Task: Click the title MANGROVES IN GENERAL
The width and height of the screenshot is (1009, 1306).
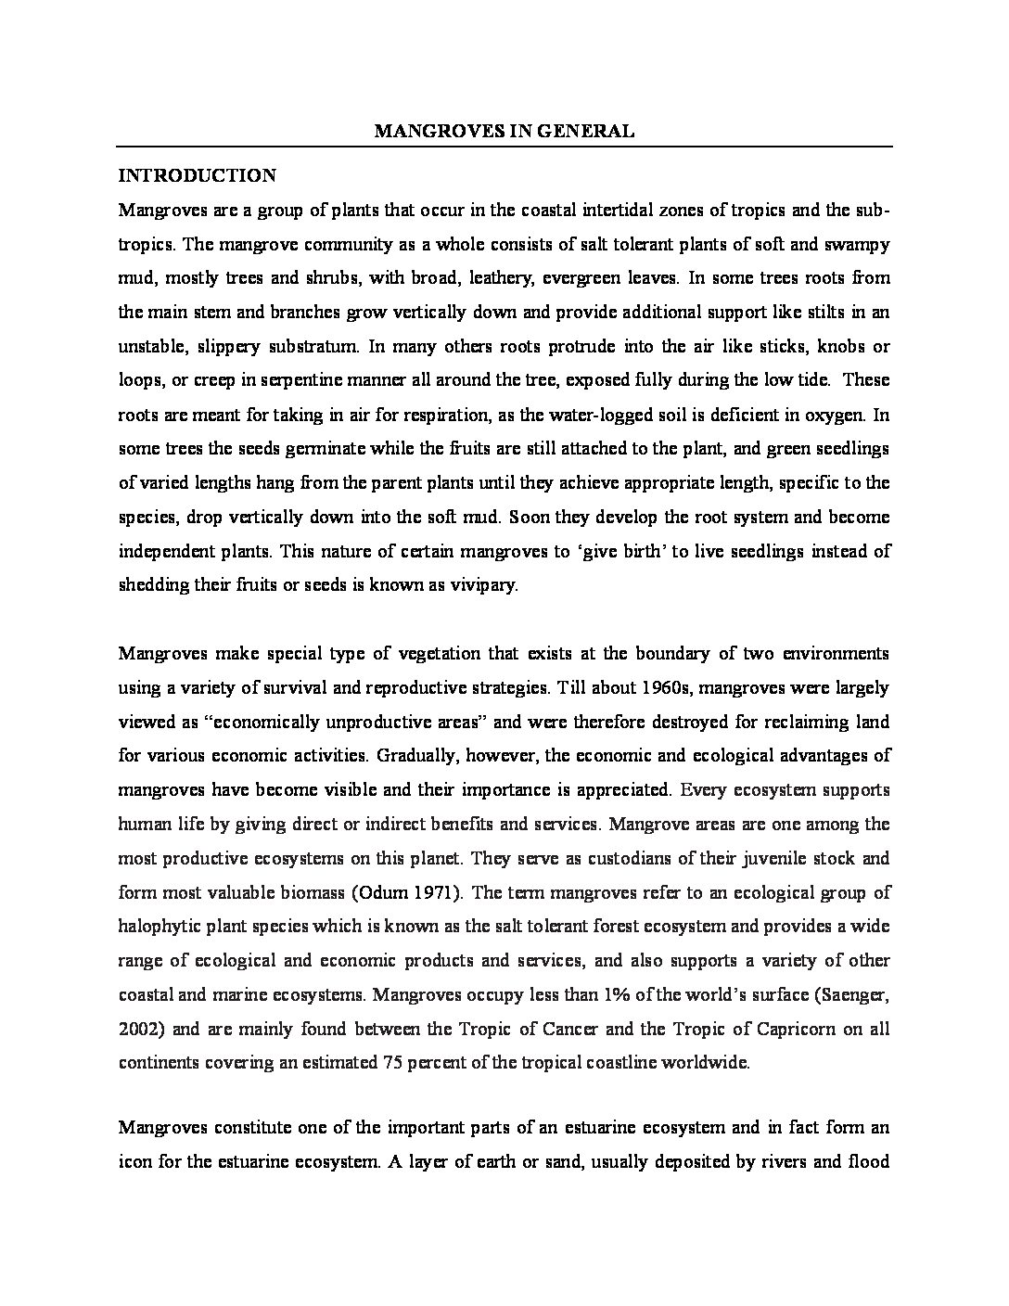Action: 504,132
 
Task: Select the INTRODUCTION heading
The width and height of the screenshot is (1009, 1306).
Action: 197,175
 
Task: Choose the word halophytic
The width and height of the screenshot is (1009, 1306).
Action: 159,927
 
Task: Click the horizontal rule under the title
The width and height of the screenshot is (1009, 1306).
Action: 504,147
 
